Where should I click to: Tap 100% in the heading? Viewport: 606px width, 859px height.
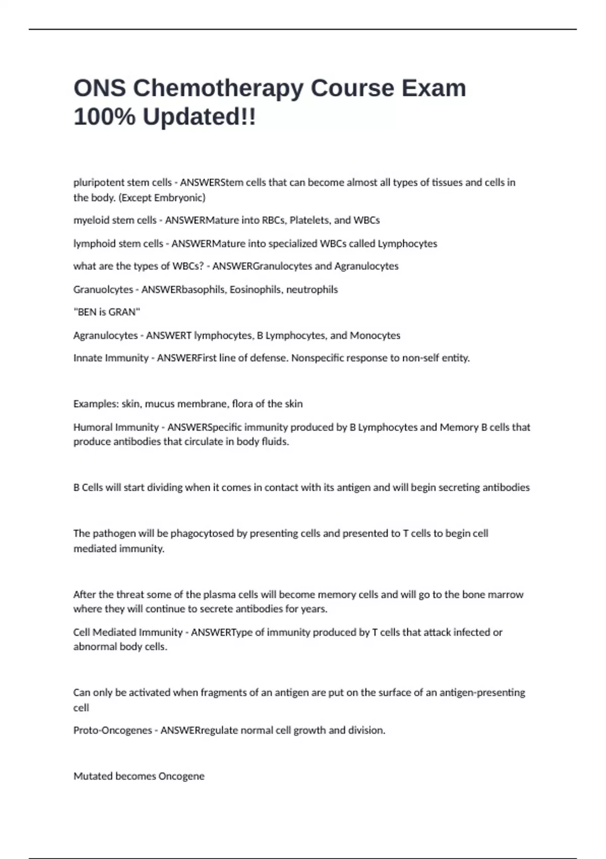(x=104, y=117)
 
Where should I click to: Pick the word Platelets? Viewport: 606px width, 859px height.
(x=309, y=220)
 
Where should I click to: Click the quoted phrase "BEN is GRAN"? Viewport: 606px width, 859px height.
(x=107, y=312)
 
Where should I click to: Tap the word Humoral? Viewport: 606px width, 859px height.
(x=93, y=427)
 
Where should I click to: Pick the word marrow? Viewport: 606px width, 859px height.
(x=506, y=595)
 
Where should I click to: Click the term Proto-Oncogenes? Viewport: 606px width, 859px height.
(x=113, y=731)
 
